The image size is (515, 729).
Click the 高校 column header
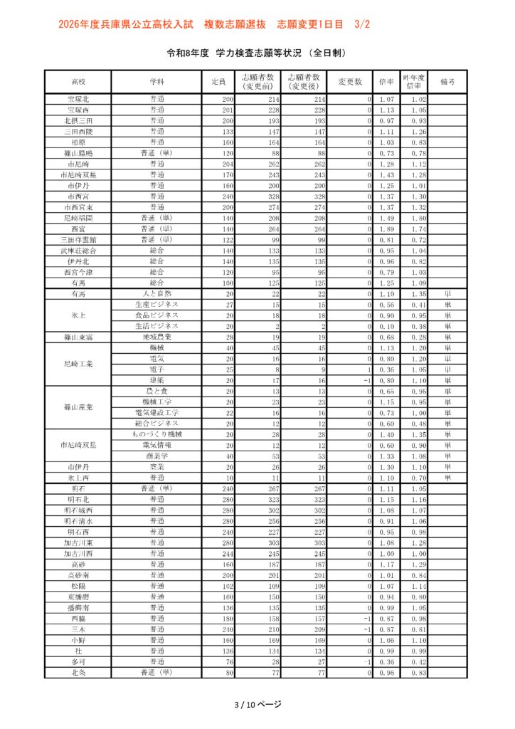[78, 82]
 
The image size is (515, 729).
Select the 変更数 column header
[350, 82]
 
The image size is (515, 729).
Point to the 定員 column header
[218, 82]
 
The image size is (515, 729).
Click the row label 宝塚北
[78, 100]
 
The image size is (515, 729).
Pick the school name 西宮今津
[78, 272]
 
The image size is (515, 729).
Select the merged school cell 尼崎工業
[78, 364]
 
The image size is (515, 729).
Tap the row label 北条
[78, 673]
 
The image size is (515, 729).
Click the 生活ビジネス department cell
[156, 325]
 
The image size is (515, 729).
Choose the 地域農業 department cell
[156, 337]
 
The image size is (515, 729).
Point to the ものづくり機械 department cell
[156, 434]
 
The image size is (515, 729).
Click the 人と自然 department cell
[156, 293]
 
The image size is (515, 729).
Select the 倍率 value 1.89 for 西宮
[387, 229]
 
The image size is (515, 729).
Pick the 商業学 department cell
[156, 456]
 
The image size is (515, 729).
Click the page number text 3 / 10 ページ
[257, 704]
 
